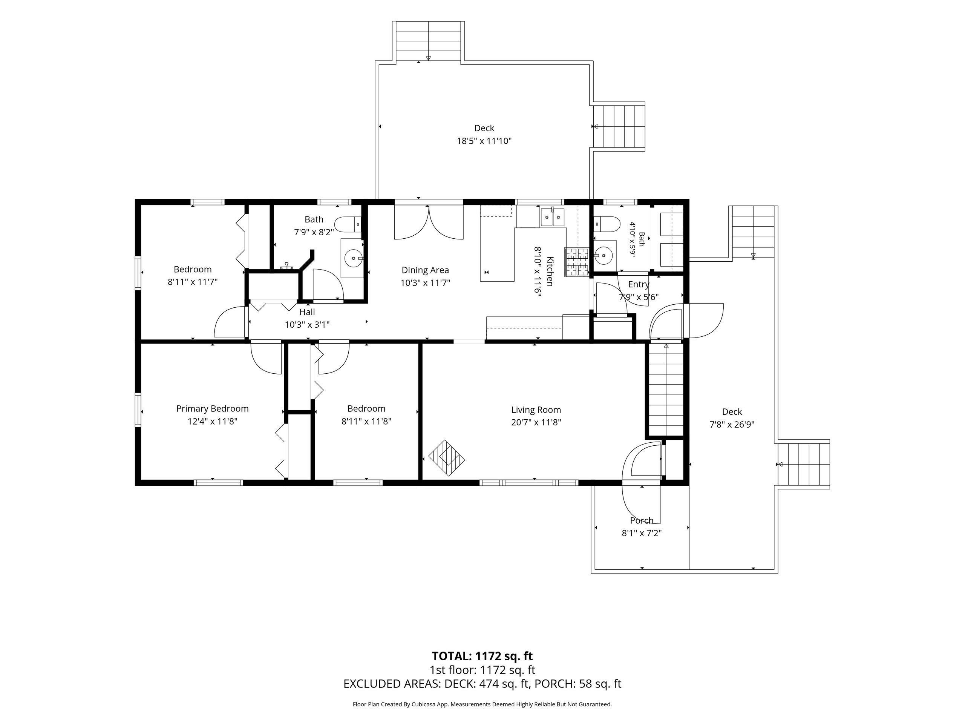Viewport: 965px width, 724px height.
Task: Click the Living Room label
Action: tap(536, 410)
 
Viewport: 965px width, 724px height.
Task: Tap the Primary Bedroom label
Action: tap(213, 409)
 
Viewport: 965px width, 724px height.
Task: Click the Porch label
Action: tap(642, 521)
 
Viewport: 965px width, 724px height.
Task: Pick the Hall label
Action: tap(307, 312)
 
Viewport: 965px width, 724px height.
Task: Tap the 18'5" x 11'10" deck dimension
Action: tap(484, 141)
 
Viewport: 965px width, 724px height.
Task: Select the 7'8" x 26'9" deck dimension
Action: tap(732, 424)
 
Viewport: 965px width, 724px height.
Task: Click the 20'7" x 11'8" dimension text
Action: tap(536, 422)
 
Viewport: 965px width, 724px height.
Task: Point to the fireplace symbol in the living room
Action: tap(447, 458)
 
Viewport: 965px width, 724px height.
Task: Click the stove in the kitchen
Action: tap(577, 262)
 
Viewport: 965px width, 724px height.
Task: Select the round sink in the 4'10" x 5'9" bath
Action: tap(604, 253)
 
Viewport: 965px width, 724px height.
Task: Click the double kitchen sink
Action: tap(553, 217)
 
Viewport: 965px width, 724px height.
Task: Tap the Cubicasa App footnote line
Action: tap(482, 704)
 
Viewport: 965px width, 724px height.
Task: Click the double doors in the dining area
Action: tap(429, 222)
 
